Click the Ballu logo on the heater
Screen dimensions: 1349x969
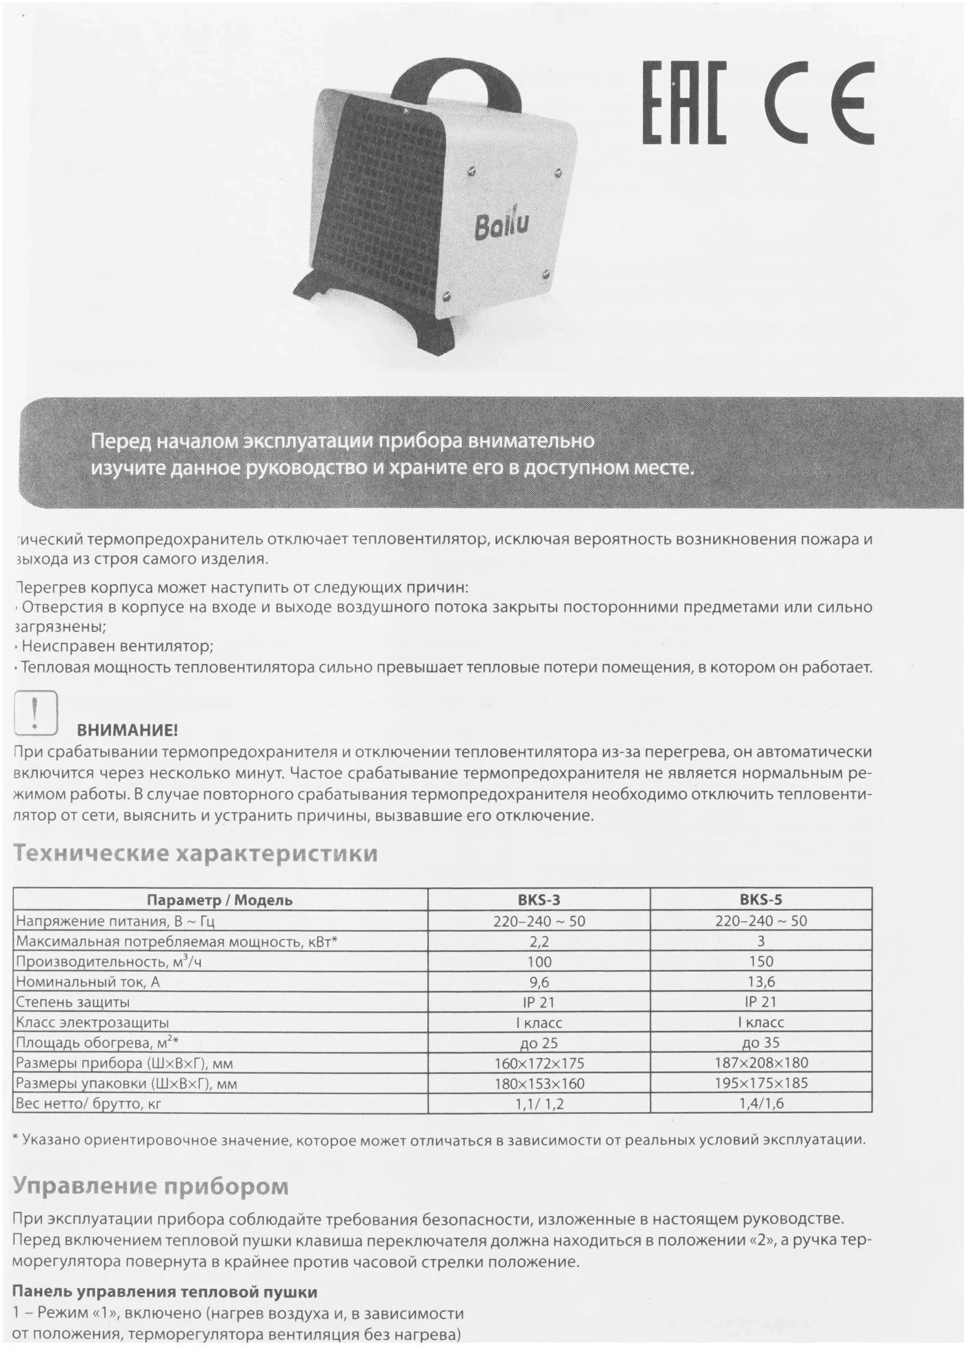coord(501,226)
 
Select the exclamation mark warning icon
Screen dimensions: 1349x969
coord(35,712)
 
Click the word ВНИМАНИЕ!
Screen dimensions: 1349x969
coord(127,730)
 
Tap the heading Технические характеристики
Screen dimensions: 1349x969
coord(196,853)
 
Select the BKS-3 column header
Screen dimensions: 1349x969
coord(539,900)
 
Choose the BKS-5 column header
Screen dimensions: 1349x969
coord(761,900)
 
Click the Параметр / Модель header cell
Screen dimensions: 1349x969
coord(220,900)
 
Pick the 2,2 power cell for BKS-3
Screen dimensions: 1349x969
coord(539,941)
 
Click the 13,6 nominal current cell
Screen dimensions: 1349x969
coord(761,982)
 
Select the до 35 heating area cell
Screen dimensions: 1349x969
coord(761,1043)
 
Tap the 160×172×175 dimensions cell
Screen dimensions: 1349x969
coord(539,1063)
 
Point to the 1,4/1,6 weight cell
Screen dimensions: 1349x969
coord(761,1104)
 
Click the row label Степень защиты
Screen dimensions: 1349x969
coord(72,1002)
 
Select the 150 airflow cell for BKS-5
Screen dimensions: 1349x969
coord(761,961)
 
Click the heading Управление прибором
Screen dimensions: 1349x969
coord(151,1186)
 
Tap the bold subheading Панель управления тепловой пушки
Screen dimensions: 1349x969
coord(165,1291)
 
